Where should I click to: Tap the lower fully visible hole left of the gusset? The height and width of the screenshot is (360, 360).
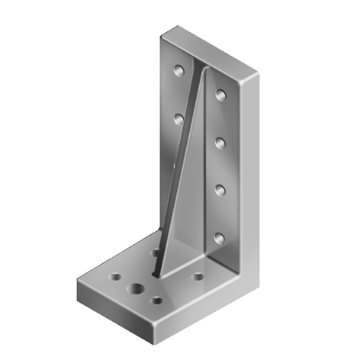pos(179,118)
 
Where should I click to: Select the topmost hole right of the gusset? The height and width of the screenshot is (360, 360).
pos(220,95)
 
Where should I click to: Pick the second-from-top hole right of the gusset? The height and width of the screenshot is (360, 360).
pos(220,141)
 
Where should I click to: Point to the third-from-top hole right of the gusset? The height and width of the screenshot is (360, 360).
pos(219,188)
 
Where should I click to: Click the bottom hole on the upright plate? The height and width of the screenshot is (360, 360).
pos(219,238)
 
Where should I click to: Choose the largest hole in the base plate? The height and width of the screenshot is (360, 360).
pos(138,290)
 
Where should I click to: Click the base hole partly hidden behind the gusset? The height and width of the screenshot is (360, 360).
pos(155,251)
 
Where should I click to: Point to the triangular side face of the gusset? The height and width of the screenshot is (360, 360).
pos(191,191)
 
